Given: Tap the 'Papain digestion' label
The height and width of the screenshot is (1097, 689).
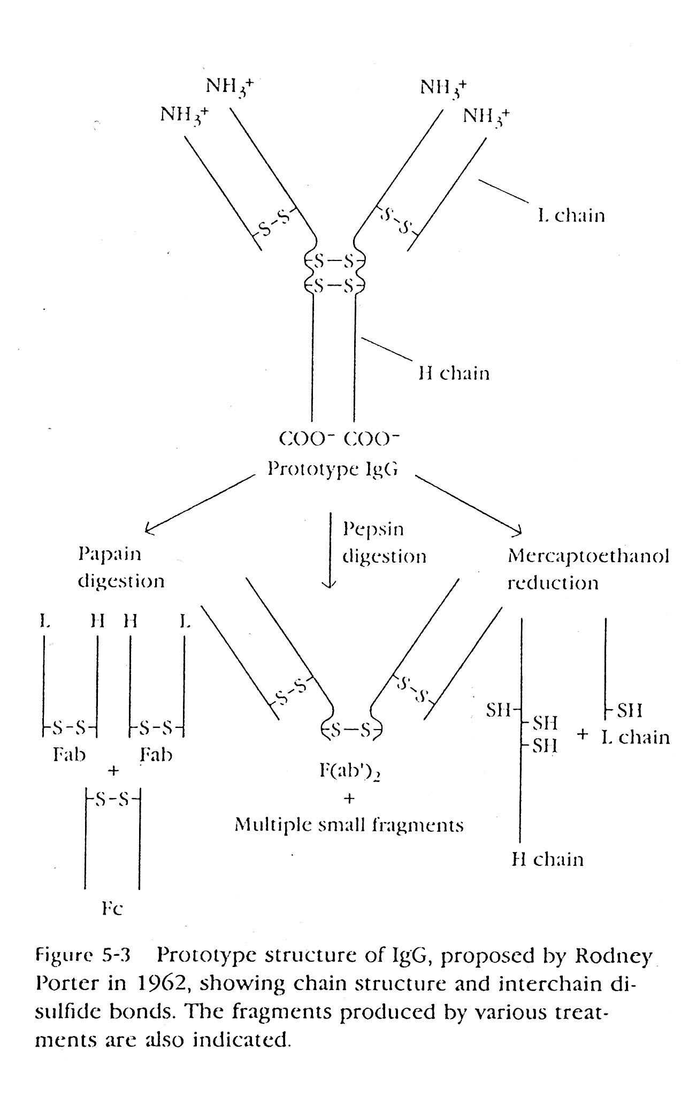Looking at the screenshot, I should (x=121, y=567).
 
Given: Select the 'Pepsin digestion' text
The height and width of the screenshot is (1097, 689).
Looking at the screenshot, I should (x=384, y=543).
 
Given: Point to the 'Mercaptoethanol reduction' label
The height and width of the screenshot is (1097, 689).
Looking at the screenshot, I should (x=588, y=569).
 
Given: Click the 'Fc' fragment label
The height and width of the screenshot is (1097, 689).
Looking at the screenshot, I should (x=112, y=909).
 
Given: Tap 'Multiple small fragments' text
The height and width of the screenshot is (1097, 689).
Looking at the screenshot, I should (x=349, y=825).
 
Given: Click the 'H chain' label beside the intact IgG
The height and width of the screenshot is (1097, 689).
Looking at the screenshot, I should (x=454, y=373).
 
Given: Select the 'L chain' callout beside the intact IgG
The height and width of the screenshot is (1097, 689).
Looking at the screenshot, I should (x=571, y=216).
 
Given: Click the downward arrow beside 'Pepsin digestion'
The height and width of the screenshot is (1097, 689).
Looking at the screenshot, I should (x=330, y=551).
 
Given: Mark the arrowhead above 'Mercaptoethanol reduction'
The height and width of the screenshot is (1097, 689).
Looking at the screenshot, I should (x=516, y=531).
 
